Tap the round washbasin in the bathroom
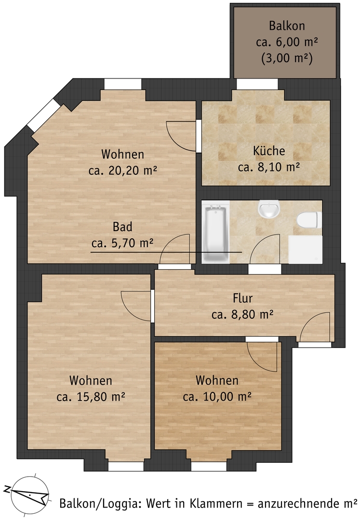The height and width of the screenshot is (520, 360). click(x=269, y=209)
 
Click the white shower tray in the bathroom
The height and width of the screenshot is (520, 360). click(x=305, y=249)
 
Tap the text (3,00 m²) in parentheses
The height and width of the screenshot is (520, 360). click(x=287, y=59)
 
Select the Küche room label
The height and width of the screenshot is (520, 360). click(x=269, y=151)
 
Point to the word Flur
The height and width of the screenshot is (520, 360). click(x=242, y=298)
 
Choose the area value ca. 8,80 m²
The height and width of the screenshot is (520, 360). click(x=242, y=314)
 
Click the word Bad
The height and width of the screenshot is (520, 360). click(x=122, y=227)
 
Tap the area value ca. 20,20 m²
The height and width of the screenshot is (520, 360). click(x=122, y=170)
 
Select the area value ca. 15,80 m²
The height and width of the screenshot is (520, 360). click(x=91, y=397)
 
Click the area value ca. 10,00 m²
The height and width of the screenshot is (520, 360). click(x=217, y=397)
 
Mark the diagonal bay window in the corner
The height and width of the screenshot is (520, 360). click(x=43, y=115)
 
